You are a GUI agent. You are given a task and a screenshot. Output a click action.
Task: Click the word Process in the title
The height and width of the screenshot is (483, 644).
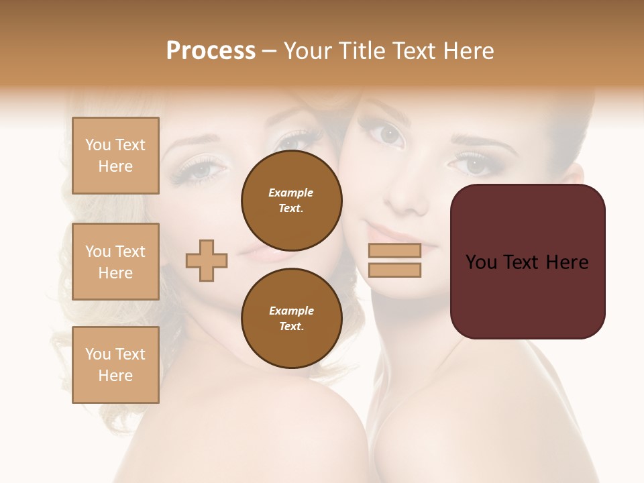211,51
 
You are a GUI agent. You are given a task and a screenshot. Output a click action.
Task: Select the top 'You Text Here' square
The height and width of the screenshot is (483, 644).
115,156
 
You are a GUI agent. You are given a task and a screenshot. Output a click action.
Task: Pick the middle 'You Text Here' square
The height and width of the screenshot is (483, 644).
115,262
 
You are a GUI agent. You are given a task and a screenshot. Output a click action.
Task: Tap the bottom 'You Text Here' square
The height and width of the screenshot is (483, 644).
115,365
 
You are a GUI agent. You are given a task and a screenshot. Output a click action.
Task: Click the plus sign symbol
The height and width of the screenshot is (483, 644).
207,260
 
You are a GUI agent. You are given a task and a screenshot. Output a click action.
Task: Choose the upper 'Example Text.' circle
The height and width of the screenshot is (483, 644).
291,200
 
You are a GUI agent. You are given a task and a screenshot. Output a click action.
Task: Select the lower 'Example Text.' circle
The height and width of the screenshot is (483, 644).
291,318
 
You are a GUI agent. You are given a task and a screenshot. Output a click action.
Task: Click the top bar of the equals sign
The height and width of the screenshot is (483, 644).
394,250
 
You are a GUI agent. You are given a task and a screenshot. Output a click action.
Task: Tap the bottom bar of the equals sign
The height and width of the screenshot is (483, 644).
394,270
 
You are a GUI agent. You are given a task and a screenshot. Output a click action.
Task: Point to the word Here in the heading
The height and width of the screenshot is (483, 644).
468,51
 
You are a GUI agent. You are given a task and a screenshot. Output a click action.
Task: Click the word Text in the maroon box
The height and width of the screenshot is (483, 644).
525,262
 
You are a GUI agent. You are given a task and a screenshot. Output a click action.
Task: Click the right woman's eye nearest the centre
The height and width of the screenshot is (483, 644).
390,135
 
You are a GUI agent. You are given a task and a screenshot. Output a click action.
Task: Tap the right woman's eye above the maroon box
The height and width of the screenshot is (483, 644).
475,164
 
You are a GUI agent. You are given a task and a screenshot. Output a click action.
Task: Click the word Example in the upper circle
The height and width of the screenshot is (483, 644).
290,193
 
